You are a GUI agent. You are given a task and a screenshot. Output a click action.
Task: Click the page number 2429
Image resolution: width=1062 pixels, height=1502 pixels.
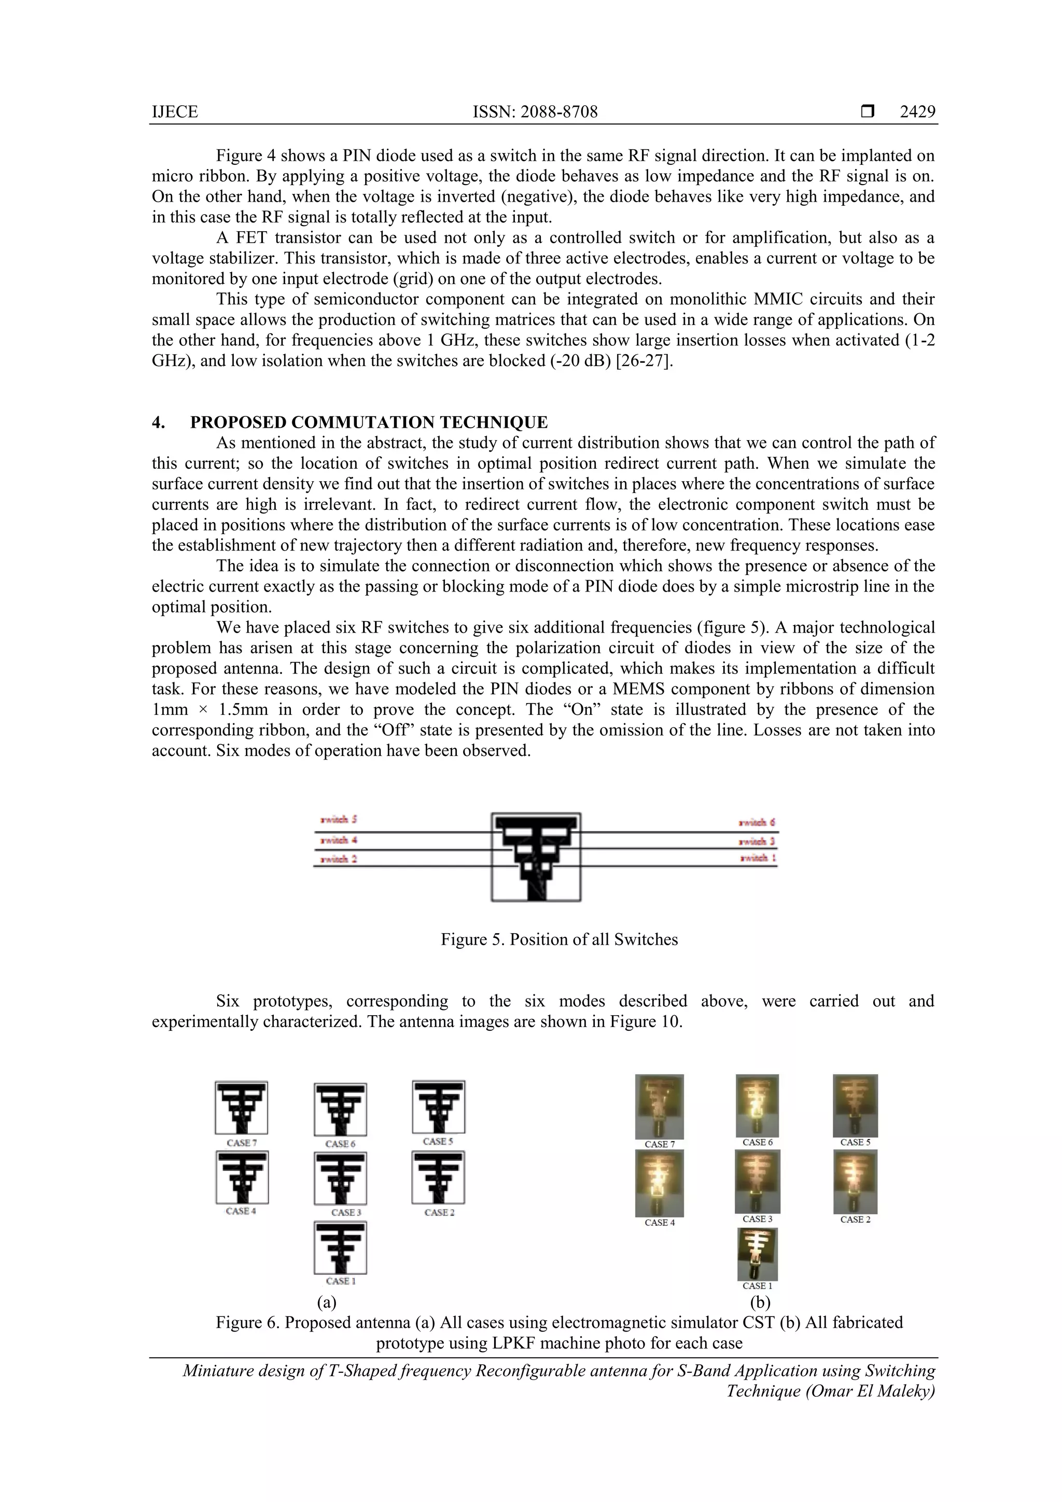(x=917, y=112)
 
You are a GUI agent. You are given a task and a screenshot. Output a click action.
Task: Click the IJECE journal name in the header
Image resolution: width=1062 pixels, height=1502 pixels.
(x=175, y=112)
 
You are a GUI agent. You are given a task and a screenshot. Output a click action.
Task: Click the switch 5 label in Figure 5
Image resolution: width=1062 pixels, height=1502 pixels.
(x=338, y=819)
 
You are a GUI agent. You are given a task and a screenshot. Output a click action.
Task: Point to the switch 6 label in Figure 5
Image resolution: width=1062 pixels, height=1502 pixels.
(x=757, y=822)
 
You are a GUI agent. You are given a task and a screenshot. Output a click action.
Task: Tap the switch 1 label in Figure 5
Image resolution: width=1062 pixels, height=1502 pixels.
(x=758, y=858)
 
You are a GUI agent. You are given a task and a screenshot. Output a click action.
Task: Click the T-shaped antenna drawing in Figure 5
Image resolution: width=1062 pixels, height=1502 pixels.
(x=536, y=857)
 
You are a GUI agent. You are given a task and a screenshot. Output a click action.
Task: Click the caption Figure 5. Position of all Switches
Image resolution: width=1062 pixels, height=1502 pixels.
(x=559, y=939)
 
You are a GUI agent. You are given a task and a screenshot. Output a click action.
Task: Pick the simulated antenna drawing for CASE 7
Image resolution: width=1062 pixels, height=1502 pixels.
(x=242, y=1107)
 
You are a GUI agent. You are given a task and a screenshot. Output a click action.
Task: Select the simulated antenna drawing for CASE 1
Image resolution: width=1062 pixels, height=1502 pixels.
(x=340, y=1247)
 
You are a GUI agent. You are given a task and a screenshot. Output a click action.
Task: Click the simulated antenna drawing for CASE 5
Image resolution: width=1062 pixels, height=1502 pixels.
(x=438, y=1107)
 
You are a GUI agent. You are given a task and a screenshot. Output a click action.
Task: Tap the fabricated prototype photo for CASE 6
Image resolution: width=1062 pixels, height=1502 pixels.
(x=757, y=1105)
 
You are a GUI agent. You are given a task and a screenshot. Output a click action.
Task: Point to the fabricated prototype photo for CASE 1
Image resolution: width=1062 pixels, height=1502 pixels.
(x=757, y=1254)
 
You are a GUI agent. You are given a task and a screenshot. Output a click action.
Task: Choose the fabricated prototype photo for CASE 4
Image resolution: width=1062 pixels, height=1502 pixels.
(x=659, y=1183)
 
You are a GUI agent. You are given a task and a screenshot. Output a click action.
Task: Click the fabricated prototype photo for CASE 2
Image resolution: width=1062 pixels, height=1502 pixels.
(x=855, y=1182)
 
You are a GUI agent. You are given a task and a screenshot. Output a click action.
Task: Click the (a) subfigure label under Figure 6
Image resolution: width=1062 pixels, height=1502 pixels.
(x=327, y=1302)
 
